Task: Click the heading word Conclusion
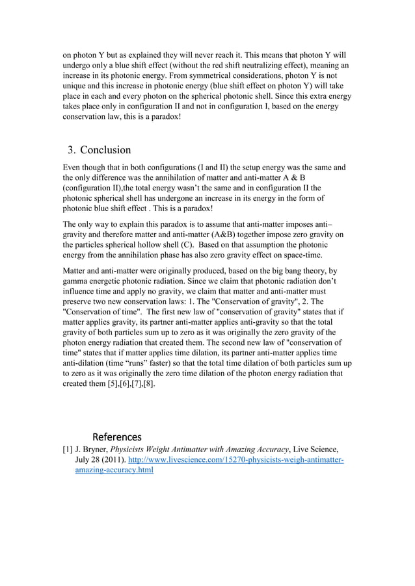point(105,150)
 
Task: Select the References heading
point(117,436)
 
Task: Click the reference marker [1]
point(67,449)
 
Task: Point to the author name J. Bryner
point(91,449)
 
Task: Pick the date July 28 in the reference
point(90,460)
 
